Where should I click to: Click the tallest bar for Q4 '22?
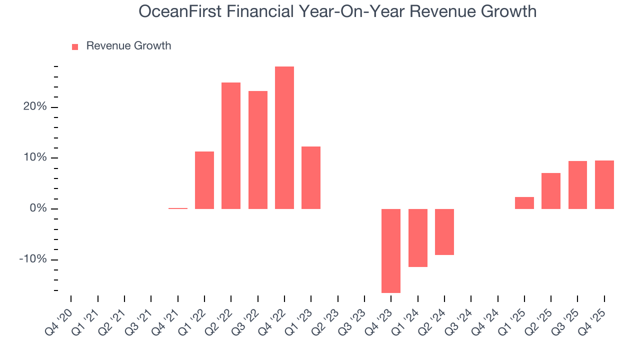point(284,137)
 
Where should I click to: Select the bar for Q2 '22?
point(231,145)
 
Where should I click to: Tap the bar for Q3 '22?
point(257,150)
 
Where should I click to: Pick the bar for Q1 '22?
point(204,180)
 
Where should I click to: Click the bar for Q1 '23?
point(311,177)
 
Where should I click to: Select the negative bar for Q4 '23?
point(391,250)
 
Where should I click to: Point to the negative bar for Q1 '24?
point(417,237)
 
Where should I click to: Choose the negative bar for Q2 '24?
point(444,231)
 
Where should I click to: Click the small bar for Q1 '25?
point(524,203)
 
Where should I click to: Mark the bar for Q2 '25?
point(551,191)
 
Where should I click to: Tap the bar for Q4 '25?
point(604,184)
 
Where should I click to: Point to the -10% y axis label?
point(33,259)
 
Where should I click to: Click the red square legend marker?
point(75,46)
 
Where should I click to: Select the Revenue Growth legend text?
point(128,46)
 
